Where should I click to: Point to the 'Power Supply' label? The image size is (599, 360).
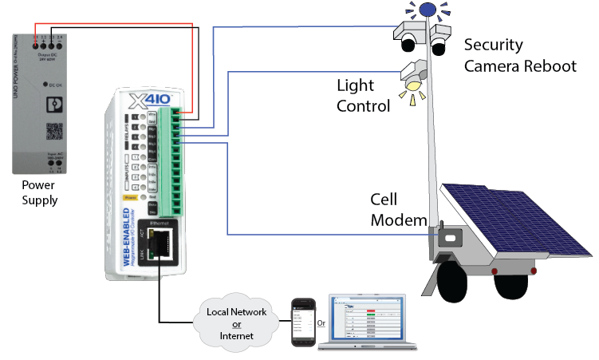(x=39, y=192)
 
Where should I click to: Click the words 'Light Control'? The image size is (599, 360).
(x=363, y=95)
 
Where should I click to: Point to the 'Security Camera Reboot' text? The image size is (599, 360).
(x=519, y=55)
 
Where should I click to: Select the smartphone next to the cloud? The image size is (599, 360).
(x=301, y=321)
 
